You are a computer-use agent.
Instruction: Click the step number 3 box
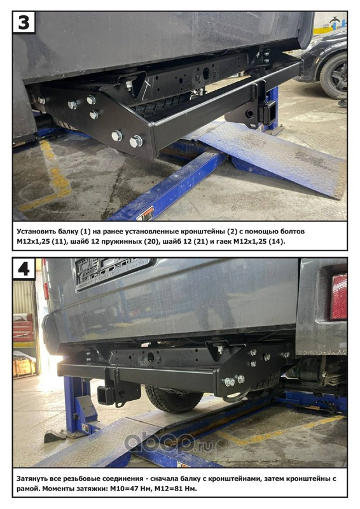point(24,22)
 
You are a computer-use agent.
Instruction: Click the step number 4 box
point(24,269)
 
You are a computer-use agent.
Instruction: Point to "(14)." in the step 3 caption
point(277,242)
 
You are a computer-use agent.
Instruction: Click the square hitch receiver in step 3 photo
point(270,113)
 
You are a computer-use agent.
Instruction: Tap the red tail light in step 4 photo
point(338,296)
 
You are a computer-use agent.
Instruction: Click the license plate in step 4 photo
point(113,272)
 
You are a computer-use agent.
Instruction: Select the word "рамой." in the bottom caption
point(28,489)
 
